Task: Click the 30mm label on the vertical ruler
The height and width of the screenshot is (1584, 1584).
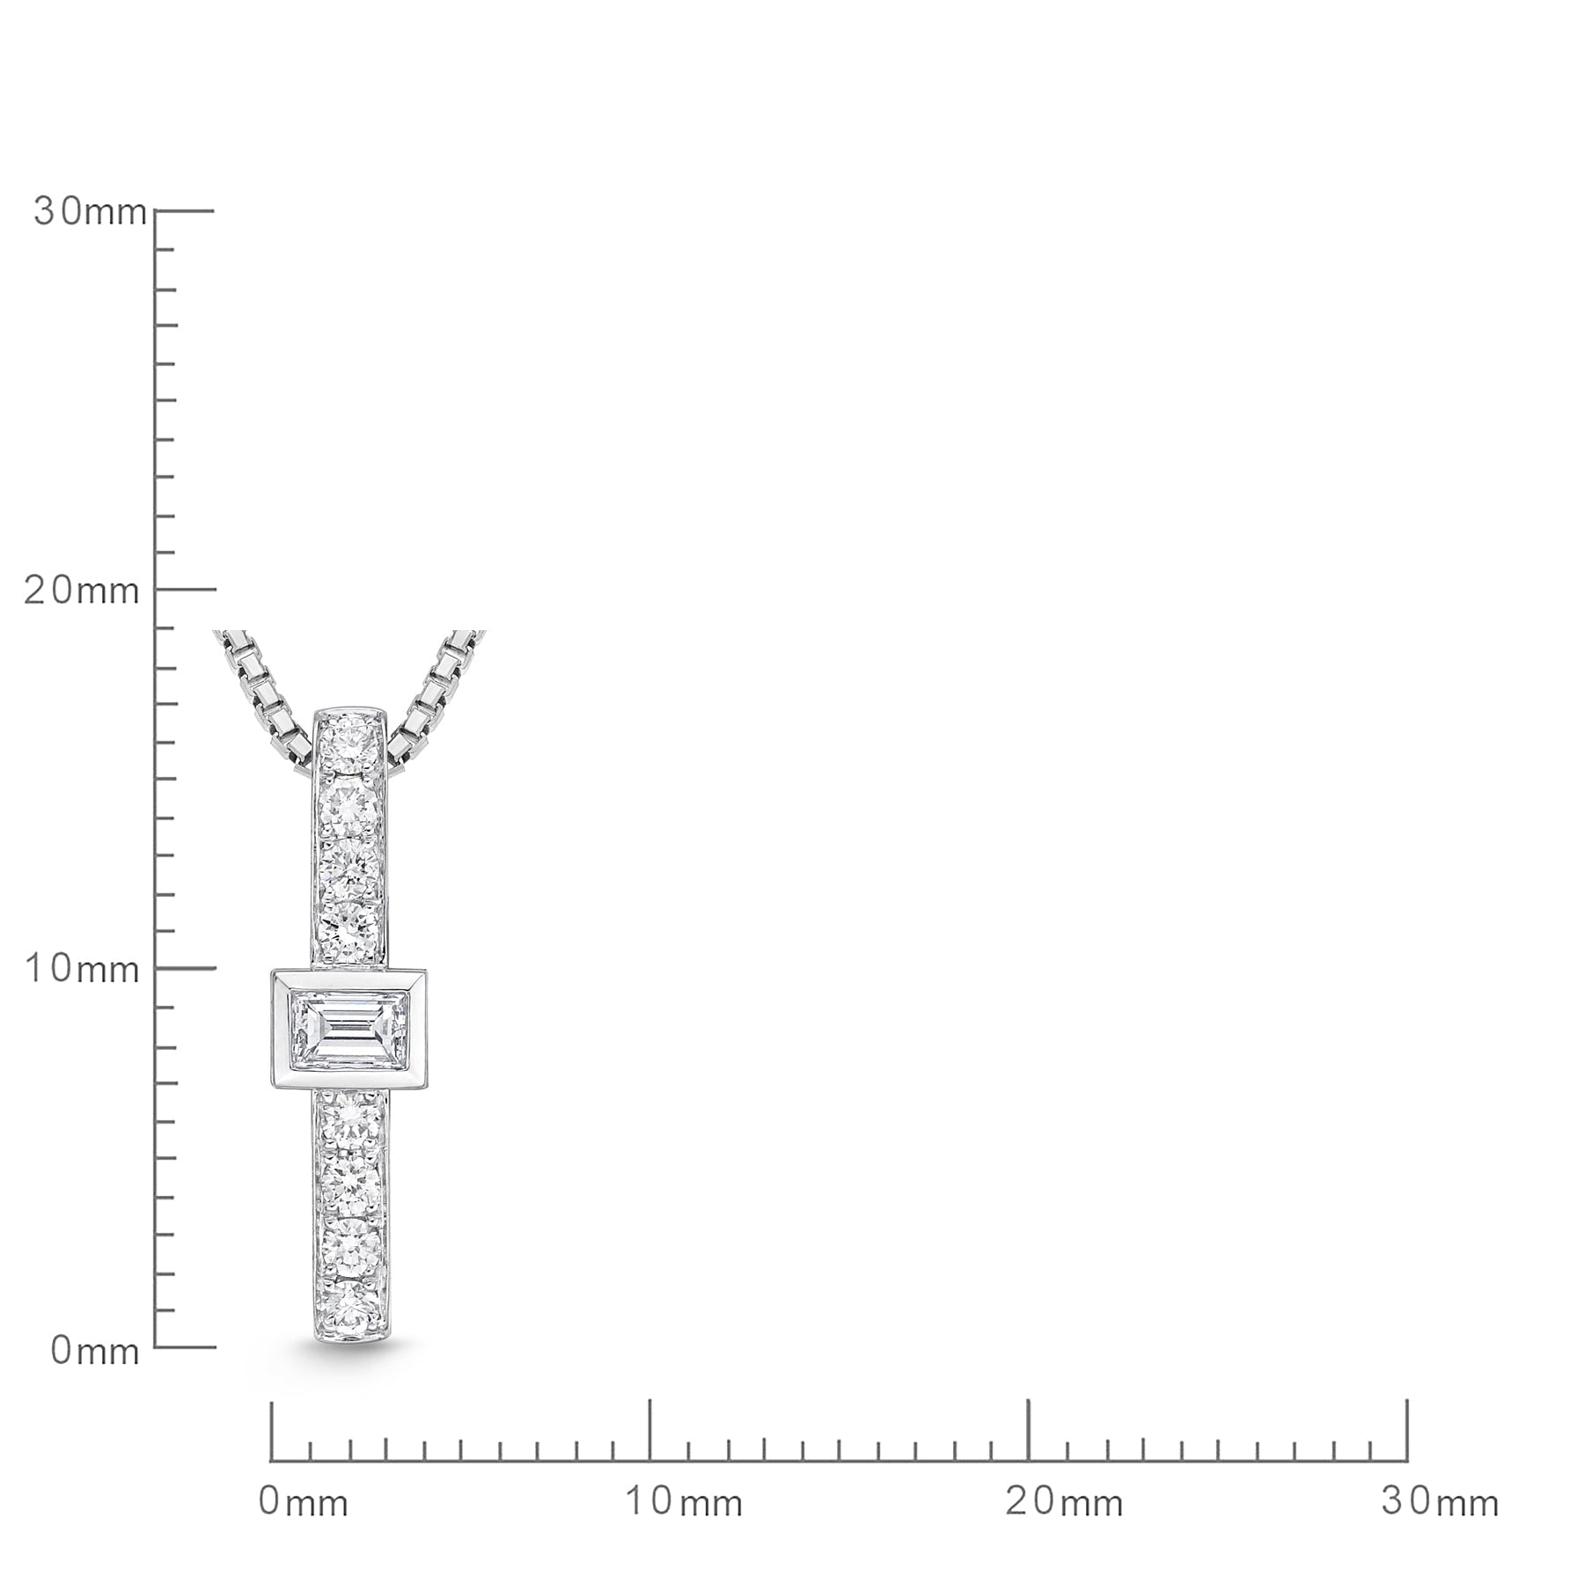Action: coord(90,212)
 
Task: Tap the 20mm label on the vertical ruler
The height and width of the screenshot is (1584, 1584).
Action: coord(81,590)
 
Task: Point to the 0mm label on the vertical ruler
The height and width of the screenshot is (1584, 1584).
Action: coord(95,1351)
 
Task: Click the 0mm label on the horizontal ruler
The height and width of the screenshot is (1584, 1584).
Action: coord(304,1502)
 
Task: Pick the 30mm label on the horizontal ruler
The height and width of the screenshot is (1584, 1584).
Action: coord(1441,1502)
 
